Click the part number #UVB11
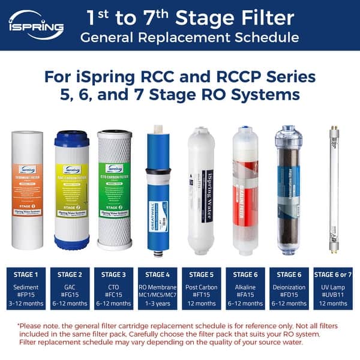(332, 295)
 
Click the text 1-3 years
(157, 304)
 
